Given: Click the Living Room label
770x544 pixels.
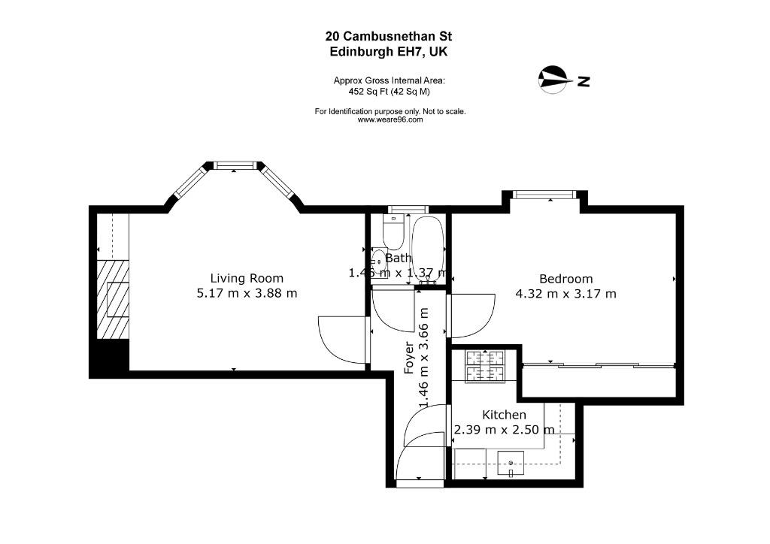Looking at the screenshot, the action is (x=247, y=278).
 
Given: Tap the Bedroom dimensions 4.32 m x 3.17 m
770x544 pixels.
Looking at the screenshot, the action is (x=565, y=294).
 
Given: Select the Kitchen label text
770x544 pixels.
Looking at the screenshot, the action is (x=504, y=415).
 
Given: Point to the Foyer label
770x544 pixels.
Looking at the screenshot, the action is (x=409, y=358).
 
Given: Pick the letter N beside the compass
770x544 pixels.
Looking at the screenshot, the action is (x=584, y=81).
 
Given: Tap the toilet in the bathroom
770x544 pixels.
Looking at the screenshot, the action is (x=393, y=231).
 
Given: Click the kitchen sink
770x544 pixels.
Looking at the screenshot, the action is (x=511, y=463).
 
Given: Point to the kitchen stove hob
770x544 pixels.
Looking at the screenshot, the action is (x=485, y=366).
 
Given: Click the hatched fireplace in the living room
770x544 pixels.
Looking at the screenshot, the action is (x=113, y=300).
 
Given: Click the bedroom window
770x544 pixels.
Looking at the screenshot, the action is (x=544, y=195).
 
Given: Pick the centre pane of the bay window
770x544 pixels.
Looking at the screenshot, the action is (x=234, y=166).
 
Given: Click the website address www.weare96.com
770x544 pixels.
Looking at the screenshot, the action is (x=390, y=119).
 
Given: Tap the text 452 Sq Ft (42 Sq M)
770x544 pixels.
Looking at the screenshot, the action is (x=390, y=91).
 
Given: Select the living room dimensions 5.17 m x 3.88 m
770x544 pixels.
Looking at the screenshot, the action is (x=247, y=293).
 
